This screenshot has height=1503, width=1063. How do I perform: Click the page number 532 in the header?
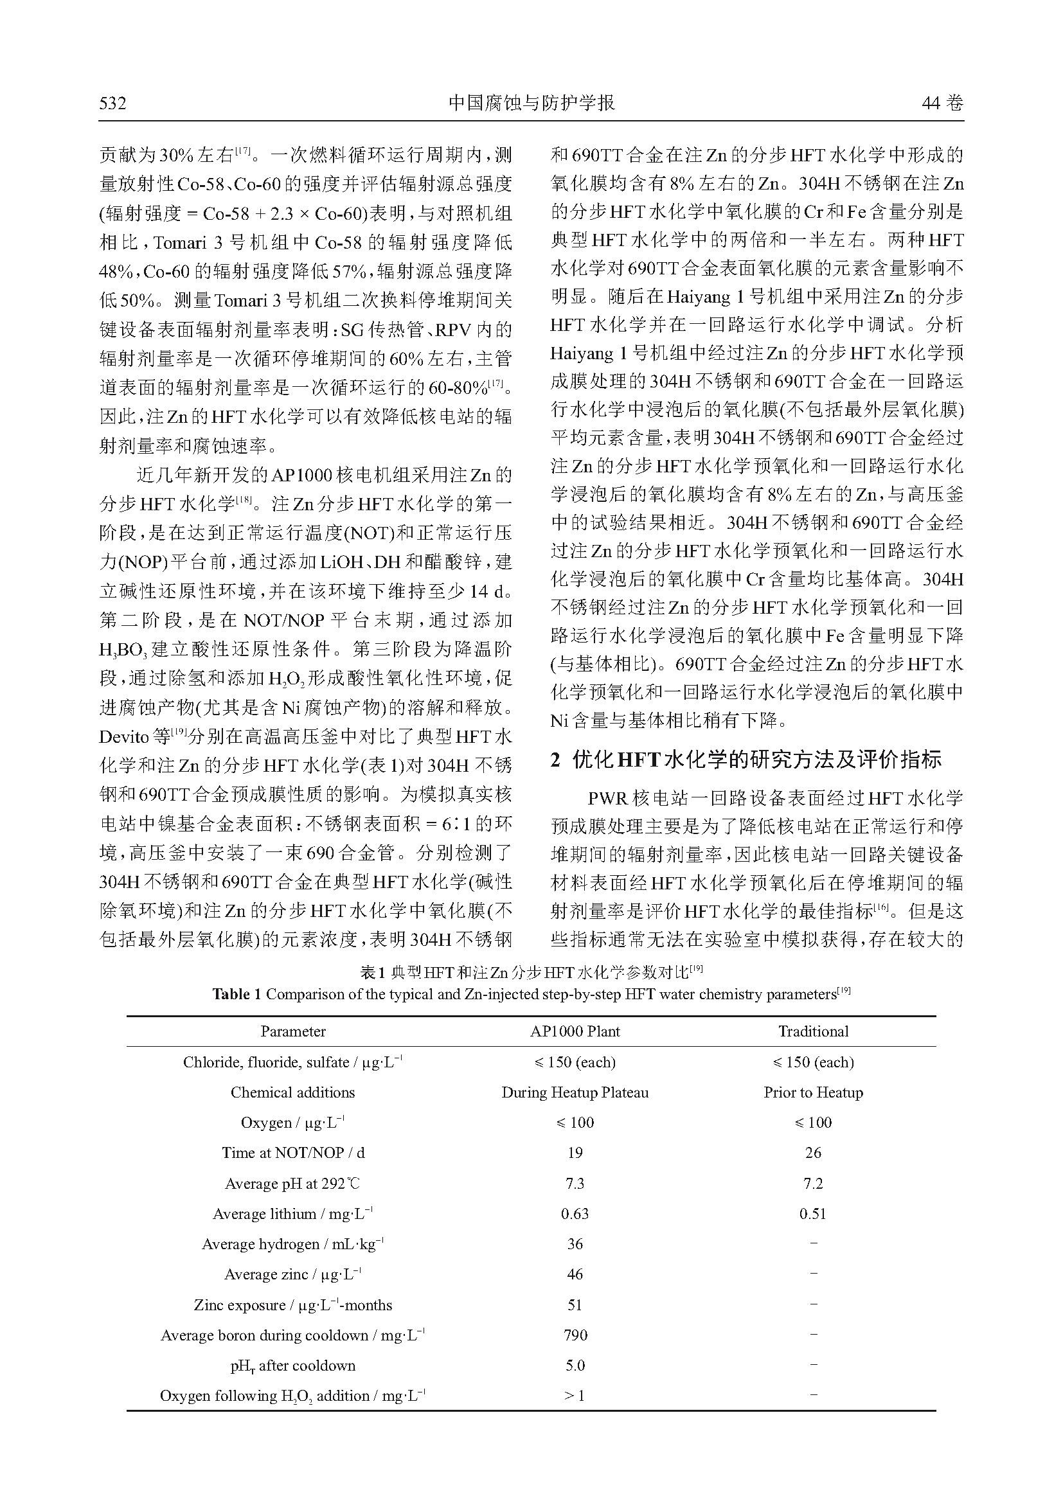pos(112,103)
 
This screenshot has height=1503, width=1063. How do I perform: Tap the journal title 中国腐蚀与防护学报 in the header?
pos(531,103)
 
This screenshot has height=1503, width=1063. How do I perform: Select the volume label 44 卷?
pos(942,103)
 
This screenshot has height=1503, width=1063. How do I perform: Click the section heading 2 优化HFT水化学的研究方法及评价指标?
pos(746,760)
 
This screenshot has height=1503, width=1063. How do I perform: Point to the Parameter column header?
pos(292,1031)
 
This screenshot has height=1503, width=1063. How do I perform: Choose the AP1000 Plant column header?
pos(575,1031)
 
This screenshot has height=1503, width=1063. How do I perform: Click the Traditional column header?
pos(813,1031)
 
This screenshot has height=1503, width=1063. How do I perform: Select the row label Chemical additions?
pos(292,1092)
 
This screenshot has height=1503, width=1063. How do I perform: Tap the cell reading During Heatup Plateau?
pos(575,1092)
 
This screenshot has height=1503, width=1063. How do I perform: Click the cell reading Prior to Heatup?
pos(813,1092)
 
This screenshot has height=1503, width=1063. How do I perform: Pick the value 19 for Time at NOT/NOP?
pos(575,1153)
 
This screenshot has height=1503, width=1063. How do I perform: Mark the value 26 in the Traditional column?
pos(813,1153)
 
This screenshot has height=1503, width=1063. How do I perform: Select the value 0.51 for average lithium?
pos(813,1214)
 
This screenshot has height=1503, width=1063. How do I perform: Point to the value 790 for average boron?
pos(575,1335)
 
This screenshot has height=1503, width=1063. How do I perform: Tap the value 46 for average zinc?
pos(575,1274)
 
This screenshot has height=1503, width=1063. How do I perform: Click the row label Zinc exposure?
pos(292,1304)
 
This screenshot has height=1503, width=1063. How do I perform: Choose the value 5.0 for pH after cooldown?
pos(575,1365)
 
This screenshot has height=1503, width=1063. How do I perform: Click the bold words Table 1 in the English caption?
pos(237,994)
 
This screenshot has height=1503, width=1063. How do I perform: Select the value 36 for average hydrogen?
pos(575,1244)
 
